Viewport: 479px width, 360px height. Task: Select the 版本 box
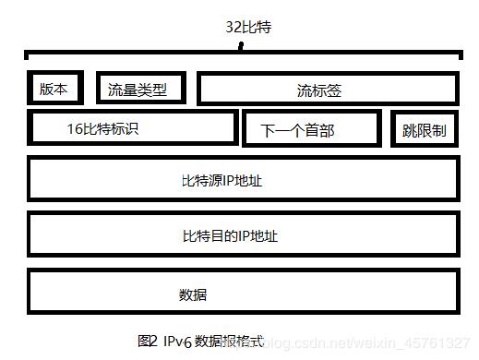pyautogui.click(x=53, y=88)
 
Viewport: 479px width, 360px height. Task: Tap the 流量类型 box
pyautogui.click(x=140, y=89)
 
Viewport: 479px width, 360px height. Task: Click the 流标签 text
pyautogui.click(x=319, y=90)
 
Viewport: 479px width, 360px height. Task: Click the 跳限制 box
pyautogui.click(x=425, y=130)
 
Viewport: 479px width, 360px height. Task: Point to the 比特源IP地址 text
pyautogui.click(x=222, y=181)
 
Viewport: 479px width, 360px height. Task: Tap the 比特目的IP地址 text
pyautogui.click(x=230, y=235)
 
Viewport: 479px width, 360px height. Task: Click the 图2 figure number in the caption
pyautogui.click(x=148, y=341)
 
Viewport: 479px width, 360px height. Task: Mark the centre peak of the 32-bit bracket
pyautogui.click(x=242, y=49)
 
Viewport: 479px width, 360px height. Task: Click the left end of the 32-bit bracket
pyautogui.click(x=26, y=57)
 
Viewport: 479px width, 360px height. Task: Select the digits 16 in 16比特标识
pyautogui.click(x=75, y=128)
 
